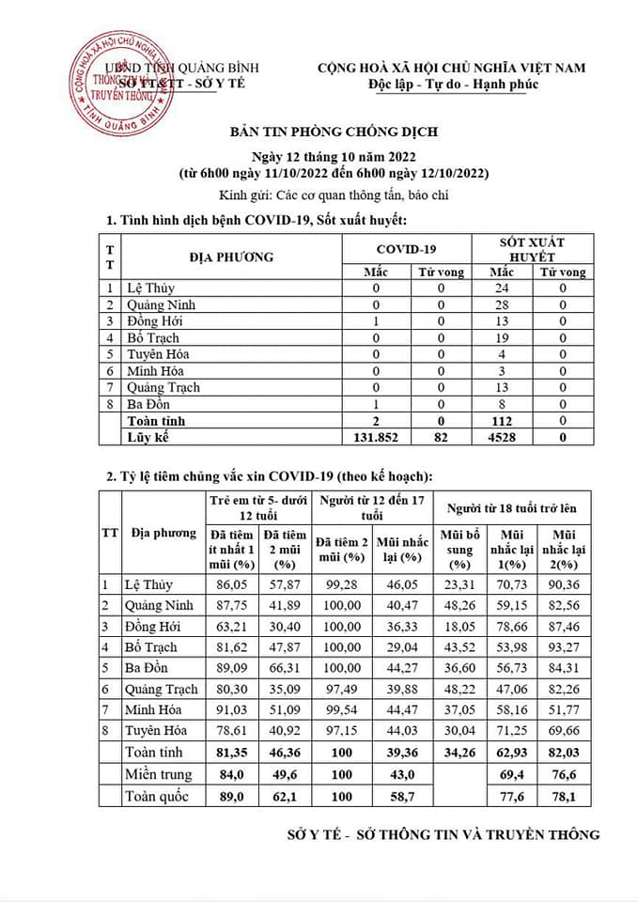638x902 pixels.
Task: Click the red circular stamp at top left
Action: [117, 85]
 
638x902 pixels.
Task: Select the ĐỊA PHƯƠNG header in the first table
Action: [231, 256]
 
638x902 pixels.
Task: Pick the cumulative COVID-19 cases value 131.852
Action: [376, 437]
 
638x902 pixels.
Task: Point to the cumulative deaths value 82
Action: [441, 437]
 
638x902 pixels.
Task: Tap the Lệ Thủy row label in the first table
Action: [152, 288]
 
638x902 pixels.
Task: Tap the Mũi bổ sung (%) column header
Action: [459, 549]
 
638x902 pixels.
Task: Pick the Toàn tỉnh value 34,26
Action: [459, 752]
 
